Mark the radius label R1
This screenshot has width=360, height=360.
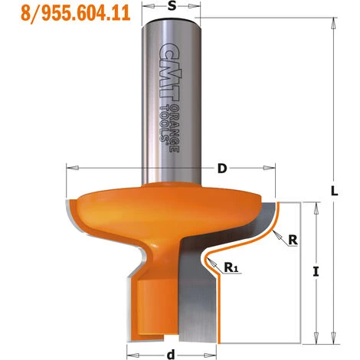pos(231,267)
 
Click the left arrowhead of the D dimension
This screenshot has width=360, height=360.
pos(71,165)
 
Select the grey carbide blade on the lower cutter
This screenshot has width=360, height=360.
pos(195,291)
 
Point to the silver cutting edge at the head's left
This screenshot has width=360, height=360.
pos(73,214)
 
